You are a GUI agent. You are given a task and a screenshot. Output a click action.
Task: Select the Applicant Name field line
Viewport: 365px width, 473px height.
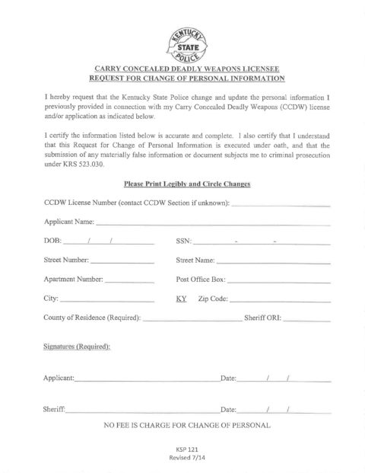(x=213, y=225)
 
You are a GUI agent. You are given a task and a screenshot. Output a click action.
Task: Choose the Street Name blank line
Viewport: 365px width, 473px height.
(x=274, y=263)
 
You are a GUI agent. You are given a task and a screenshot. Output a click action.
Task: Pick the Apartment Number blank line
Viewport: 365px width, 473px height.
(x=130, y=281)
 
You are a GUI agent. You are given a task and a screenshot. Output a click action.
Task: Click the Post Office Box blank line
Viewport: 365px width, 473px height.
(x=278, y=281)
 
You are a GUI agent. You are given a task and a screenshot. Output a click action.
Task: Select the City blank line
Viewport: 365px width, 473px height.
(x=107, y=301)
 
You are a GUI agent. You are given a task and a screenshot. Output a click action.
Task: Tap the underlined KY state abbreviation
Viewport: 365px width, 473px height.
(x=181, y=299)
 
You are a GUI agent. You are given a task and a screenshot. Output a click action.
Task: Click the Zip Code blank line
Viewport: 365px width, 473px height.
(x=279, y=301)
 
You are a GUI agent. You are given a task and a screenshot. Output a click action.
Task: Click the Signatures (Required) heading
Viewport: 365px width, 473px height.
(x=78, y=347)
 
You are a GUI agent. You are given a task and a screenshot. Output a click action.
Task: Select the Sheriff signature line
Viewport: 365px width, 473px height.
(x=141, y=411)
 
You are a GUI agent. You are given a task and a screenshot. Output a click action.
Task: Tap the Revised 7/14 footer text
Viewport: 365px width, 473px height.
(x=182, y=460)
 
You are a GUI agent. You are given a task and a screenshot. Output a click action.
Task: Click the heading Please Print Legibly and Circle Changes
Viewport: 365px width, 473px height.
(x=182, y=184)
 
